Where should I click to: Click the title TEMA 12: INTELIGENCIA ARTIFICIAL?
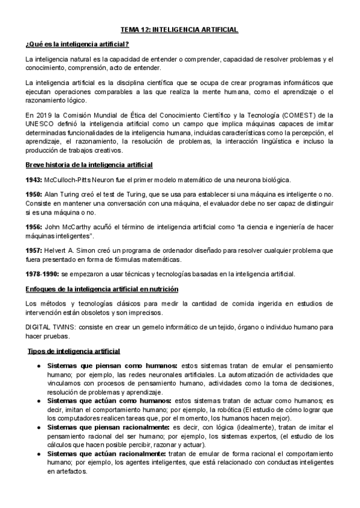(180, 29)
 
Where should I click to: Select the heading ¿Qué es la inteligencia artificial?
(77, 45)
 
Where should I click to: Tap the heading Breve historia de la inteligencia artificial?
(89, 164)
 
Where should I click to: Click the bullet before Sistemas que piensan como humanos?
(38, 365)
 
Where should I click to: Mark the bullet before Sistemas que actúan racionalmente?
(38, 454)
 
